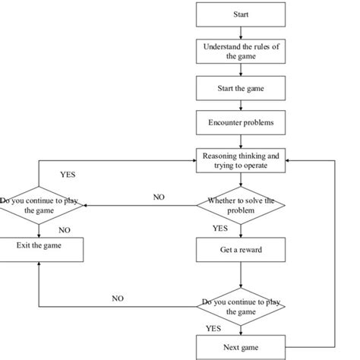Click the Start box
(x=240, y=14)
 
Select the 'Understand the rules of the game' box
(x=240, y=52)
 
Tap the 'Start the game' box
(x=240, y=88)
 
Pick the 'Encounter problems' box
(x=240, y=123)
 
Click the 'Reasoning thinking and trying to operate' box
(x=240, y=160)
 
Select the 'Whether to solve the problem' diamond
(x=240, y=204)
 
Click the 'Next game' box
(x=240, y=347)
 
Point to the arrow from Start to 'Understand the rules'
(x=240, y=33)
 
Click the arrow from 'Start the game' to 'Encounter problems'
(x=240, y=106)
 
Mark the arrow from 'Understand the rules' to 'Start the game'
(x=240, y=70)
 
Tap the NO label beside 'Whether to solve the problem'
(x=159, y=197)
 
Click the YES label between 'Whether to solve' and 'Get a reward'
(x=219, y=228)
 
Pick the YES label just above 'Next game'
(x=213, y=329)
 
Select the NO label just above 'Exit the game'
(x=65, y=229)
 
